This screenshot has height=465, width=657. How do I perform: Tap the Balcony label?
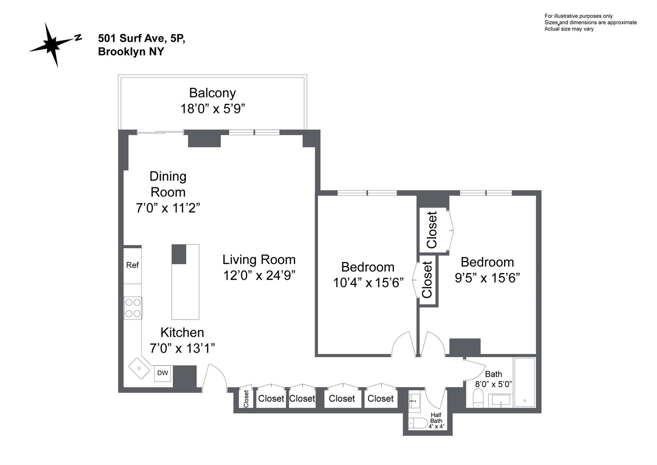[x=212, y=93]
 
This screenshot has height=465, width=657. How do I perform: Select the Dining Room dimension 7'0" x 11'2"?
[x=168, y=208]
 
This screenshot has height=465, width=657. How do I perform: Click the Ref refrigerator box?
[x=132, y=265]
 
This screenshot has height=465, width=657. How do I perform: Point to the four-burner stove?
[x=133, y=308]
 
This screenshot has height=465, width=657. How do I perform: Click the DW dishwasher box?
[x=163, y=373]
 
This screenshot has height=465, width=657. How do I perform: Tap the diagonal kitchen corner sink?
[x=140, y=368]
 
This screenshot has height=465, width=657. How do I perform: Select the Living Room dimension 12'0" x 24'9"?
[x=259, y=276]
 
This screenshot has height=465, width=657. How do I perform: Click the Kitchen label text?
[x=182, y=333]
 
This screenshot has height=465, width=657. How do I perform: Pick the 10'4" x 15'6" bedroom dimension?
[x=368, y=283]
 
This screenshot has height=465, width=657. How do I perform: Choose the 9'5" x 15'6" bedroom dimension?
[x=487, y=278]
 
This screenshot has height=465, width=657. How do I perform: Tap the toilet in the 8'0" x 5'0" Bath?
[x=478, y=398]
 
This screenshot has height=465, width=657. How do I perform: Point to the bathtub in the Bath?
[x=525, y=382]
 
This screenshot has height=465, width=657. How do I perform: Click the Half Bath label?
[x=436, y=418]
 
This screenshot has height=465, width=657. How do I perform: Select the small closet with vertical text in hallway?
[x=246, y=398]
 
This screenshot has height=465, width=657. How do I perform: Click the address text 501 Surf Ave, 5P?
[x=141, y=39]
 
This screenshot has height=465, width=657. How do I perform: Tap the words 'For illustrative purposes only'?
[x=578, y=16]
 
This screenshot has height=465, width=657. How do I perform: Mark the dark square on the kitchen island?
[x=179, y=254]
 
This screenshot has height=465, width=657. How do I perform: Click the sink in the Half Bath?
[x=414, y=401]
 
